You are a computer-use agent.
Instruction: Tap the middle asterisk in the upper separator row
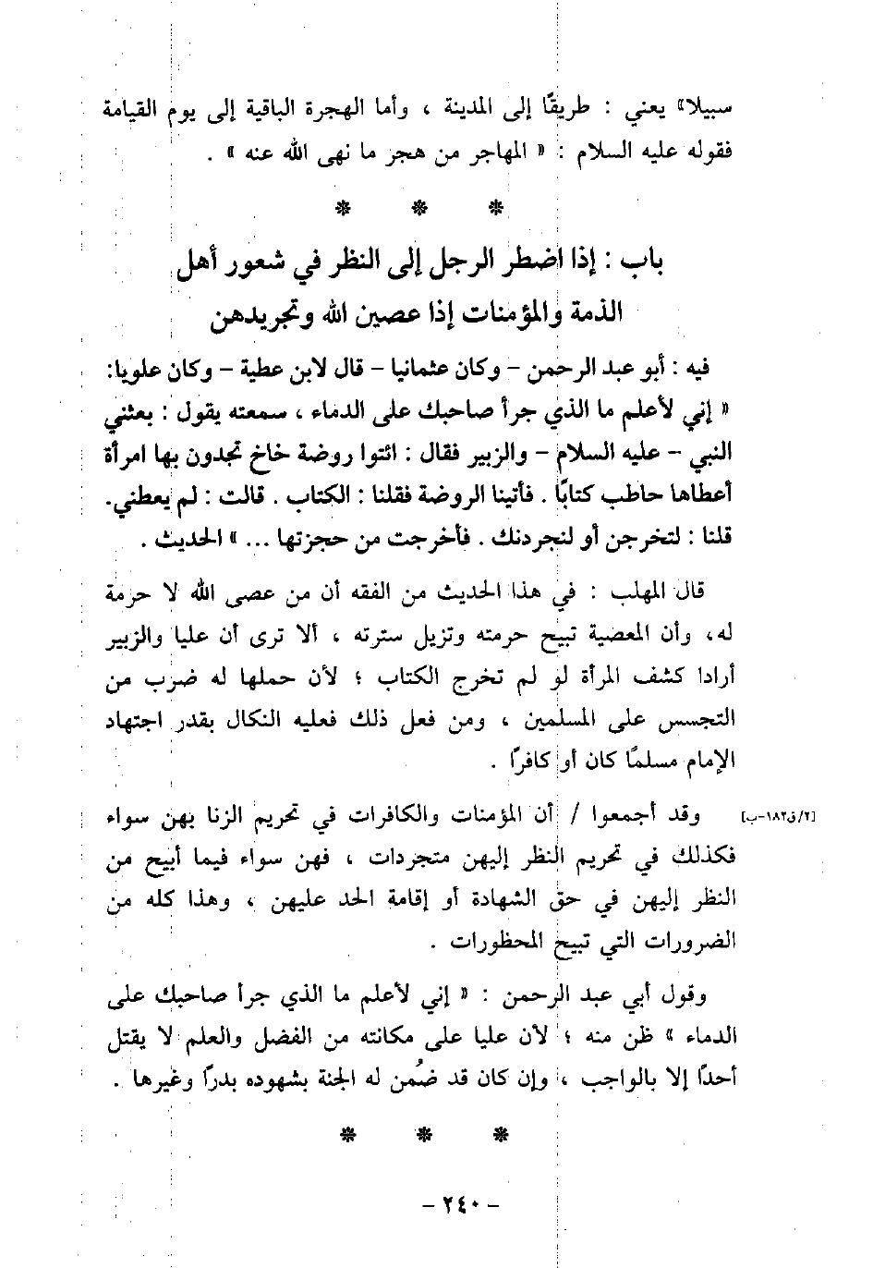(418, 207)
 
